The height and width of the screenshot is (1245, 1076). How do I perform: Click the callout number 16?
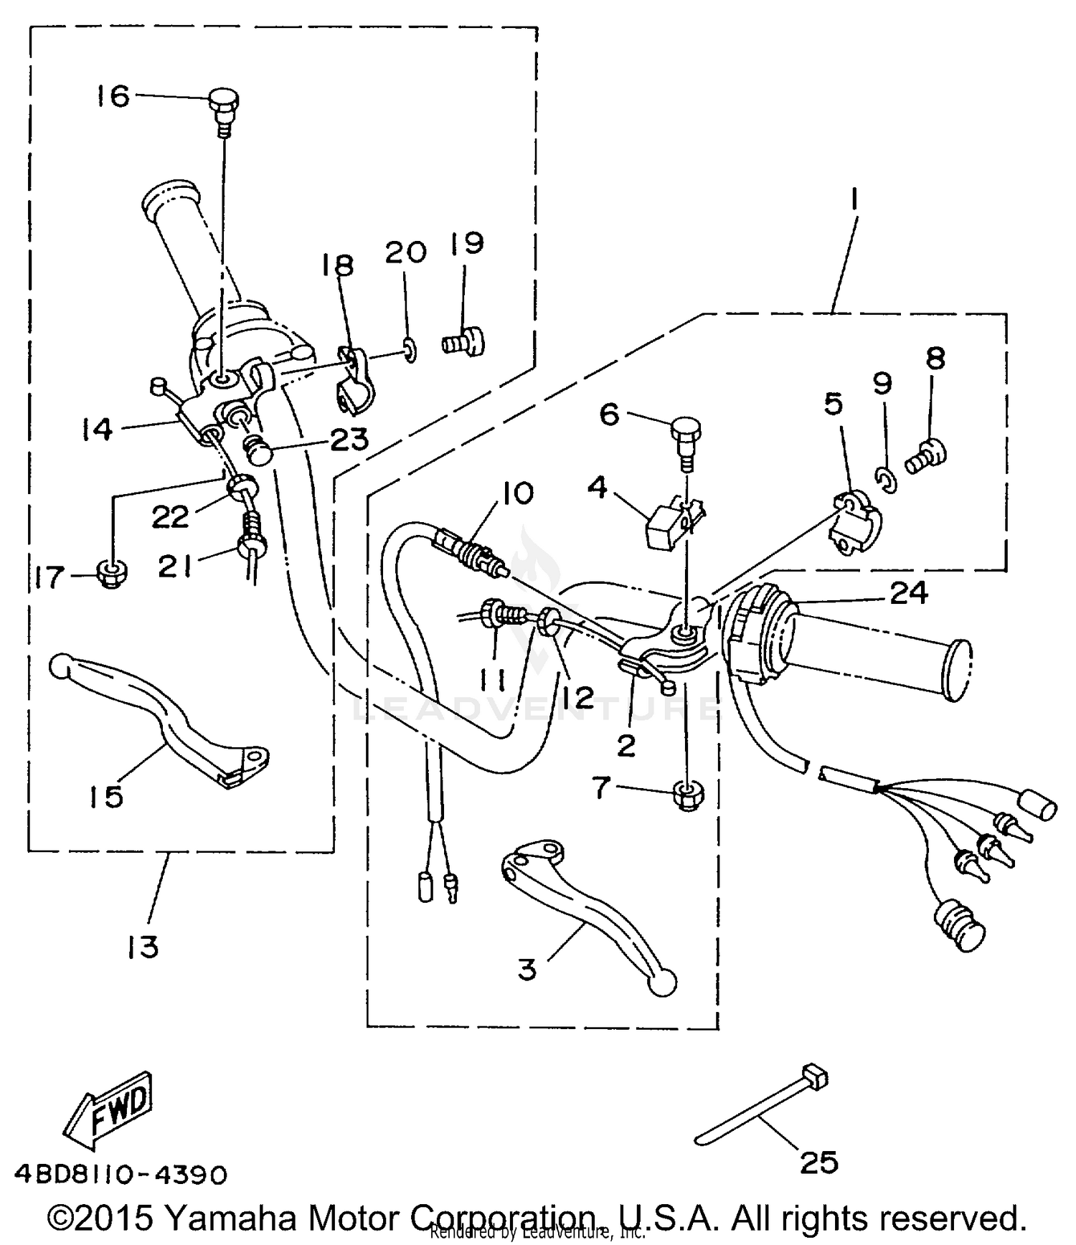(113, 95)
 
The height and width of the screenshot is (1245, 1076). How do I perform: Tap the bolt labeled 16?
(224, 107)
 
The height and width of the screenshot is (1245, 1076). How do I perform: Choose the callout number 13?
(143, 947)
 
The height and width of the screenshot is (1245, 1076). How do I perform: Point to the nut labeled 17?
(110, 574)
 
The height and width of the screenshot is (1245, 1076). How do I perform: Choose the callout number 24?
(909, 593)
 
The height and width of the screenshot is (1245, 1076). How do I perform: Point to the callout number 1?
(854, 203)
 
